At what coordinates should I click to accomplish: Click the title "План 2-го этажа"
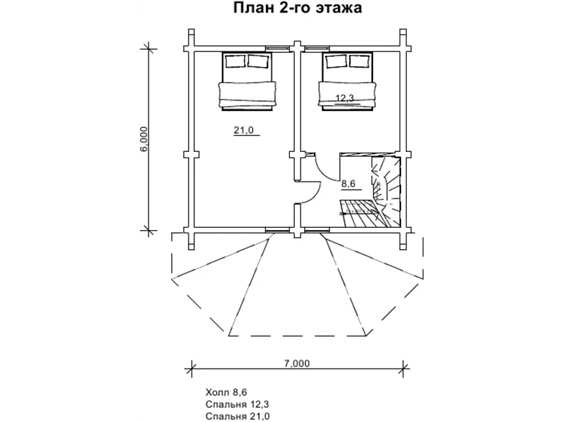click(x=297, y=8)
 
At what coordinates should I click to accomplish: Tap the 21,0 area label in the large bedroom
click(x=243, y=130)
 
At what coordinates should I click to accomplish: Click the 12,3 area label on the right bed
click(x=345, y=98)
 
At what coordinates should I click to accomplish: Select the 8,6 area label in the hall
click(x=348, y=184)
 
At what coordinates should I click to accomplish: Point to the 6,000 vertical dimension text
click(x=144, y=139)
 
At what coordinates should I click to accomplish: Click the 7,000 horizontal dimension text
click(x=297, y=364)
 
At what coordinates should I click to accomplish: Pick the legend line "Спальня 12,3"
click(x=237, y=404)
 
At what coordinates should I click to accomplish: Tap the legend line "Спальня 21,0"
click(x=237, y=416)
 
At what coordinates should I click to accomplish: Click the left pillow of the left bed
click(x=236, y=61)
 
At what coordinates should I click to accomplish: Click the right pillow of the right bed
click(x=359, y=61)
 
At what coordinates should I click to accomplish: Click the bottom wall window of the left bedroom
click(x=277, y=230)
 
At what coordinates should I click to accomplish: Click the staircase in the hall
click(x=371, y=191)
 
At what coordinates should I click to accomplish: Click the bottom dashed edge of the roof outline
click(x=297, y=336)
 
